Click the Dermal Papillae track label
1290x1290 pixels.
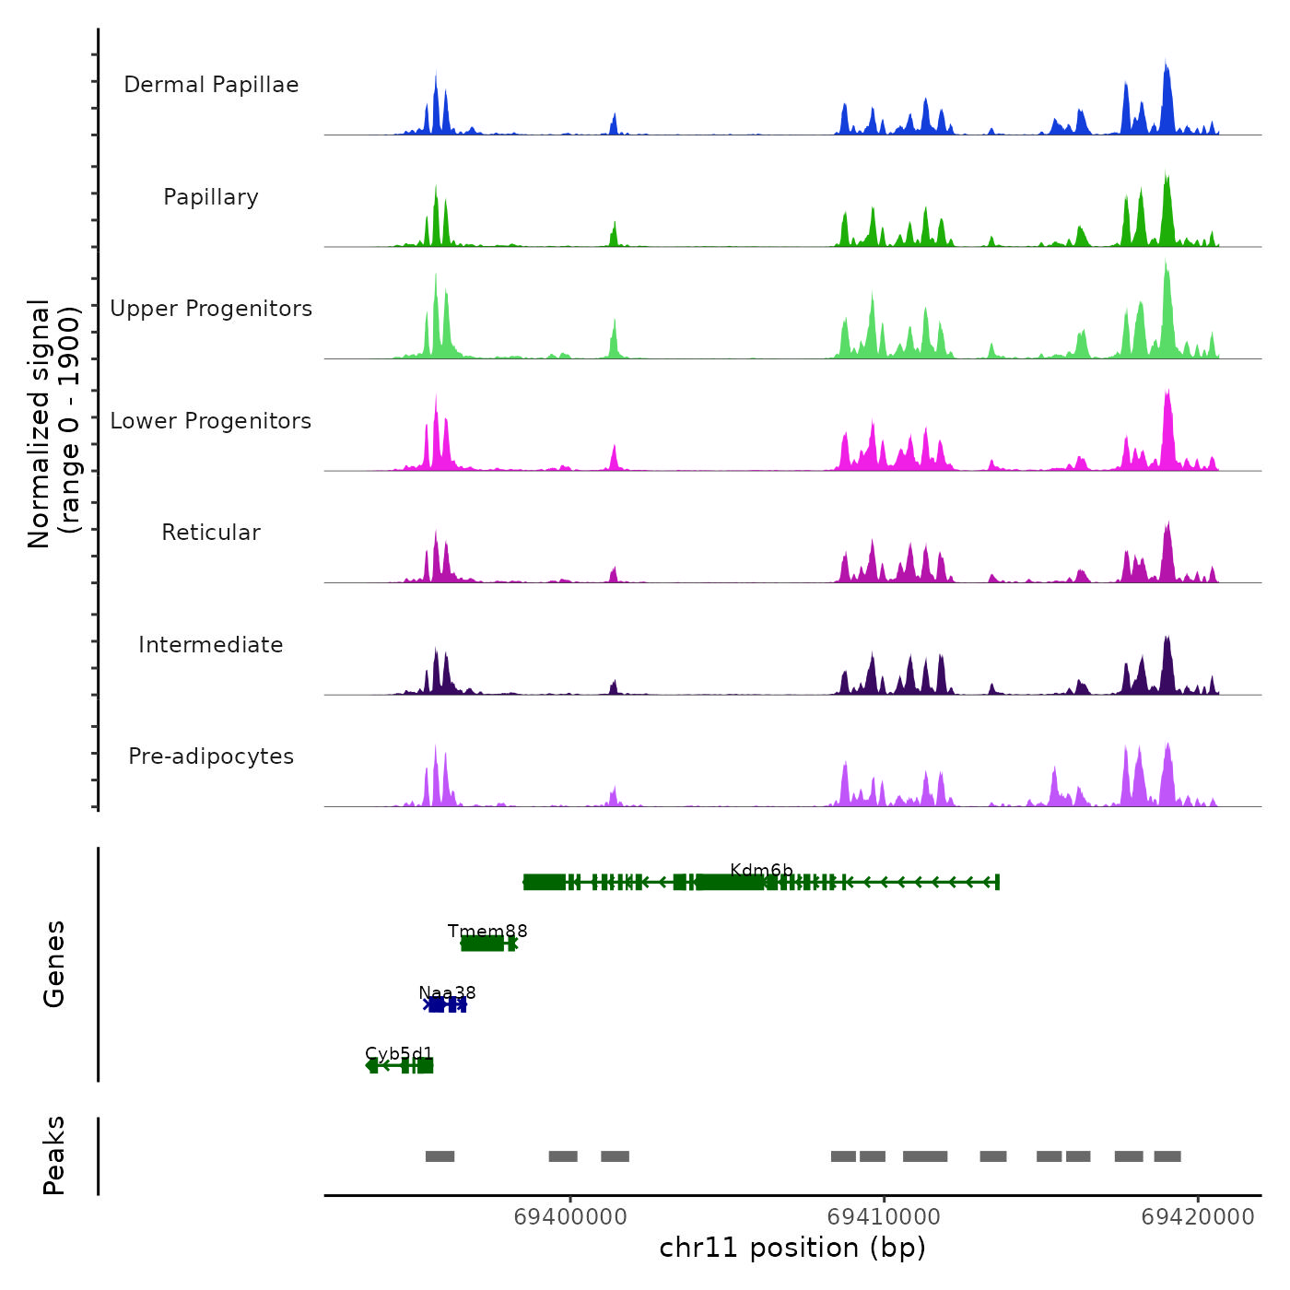coord(211,85)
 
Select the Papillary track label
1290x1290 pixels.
coord(211,197)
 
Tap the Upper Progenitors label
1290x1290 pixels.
coord(211,309)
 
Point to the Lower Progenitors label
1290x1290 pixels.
coord(211,421)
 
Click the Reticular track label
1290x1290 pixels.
coord(211,533)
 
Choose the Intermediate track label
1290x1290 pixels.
coord(211,645)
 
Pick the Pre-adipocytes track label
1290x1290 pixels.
coord(211,756)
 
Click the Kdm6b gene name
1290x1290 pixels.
coord(761,870)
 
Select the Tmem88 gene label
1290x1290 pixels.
coord(487,931)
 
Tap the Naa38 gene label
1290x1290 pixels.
coord(447,992)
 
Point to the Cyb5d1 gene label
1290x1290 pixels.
coord(399,1053)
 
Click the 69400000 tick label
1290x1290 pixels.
coord(570,1217)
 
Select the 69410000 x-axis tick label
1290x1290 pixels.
coord(884,1217)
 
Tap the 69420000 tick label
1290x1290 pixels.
coord(1197,1217)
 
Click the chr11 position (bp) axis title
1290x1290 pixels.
coord(792,1248)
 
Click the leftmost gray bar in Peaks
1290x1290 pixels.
coord(440,1156)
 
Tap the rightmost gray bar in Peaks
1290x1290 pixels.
coord(1167,1156)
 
